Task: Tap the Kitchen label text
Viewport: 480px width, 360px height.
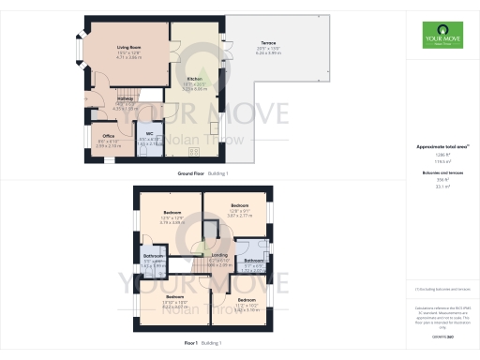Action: tap(195, 79)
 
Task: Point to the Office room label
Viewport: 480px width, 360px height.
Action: tap(110, 135)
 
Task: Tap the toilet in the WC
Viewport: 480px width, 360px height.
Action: tap(148, 151)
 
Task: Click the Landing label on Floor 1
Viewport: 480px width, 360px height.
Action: tap(219, 256)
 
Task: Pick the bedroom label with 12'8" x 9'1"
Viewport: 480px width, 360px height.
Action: tap(240, 205)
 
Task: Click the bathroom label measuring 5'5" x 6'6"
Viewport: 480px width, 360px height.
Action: tap(153, 256)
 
